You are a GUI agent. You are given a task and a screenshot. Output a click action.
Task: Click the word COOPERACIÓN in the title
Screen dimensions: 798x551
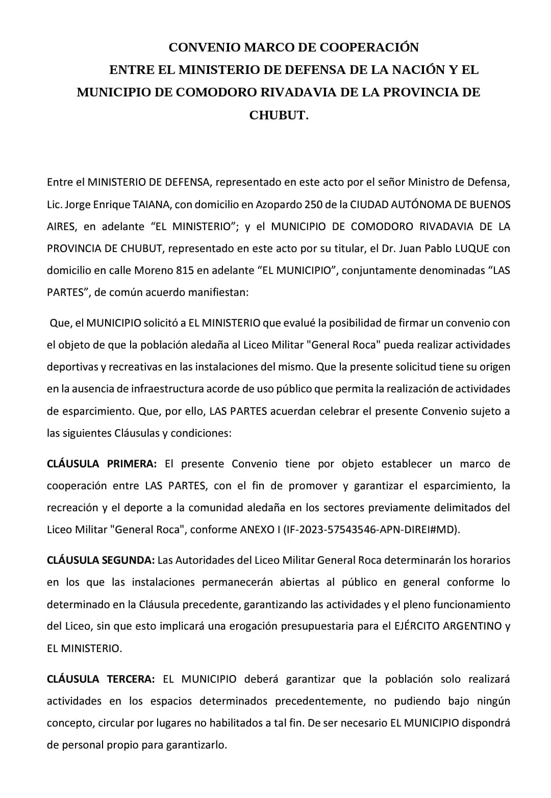pos(369,47)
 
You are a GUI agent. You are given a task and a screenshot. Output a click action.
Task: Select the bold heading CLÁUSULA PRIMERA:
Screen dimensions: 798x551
pos(102,464)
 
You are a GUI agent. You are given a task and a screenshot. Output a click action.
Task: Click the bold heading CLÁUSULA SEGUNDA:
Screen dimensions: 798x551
pos(101,560)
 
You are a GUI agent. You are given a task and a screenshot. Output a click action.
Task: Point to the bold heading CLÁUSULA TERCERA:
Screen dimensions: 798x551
pos(101,679)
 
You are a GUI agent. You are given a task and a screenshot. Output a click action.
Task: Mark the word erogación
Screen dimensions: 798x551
pos(232,626)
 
